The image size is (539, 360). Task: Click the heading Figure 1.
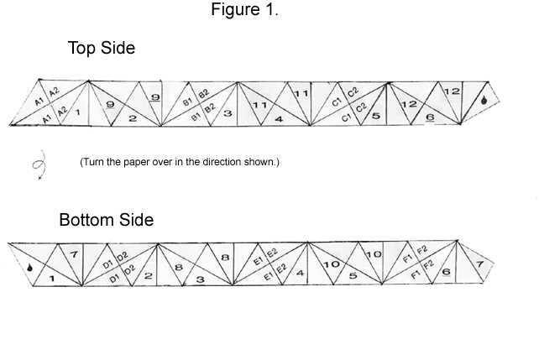[244, 9]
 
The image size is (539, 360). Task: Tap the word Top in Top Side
[82, 48]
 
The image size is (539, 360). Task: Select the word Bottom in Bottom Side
[87, 220]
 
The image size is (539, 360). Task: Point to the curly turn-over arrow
[39, 164]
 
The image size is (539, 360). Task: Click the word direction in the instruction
[222, 162]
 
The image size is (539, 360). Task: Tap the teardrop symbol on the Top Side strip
[484, 100]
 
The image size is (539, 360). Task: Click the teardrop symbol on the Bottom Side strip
[30, 267]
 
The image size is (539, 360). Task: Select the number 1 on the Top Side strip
[78, 112]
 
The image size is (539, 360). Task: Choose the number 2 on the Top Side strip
[133, 118]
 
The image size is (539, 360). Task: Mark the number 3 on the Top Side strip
[228, 113]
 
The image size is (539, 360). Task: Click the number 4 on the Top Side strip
[279, 119]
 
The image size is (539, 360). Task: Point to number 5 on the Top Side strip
[376, 116]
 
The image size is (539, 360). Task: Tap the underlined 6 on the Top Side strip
[430, 117]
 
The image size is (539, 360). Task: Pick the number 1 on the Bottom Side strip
[52, 279]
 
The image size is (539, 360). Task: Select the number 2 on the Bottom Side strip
[148, 275]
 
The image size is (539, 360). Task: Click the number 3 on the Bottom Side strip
[201, 279]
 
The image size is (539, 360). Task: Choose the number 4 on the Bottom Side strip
[300, 273]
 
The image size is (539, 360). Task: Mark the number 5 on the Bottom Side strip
[353, 276]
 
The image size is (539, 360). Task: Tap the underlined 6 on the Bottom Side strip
[446, 272]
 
